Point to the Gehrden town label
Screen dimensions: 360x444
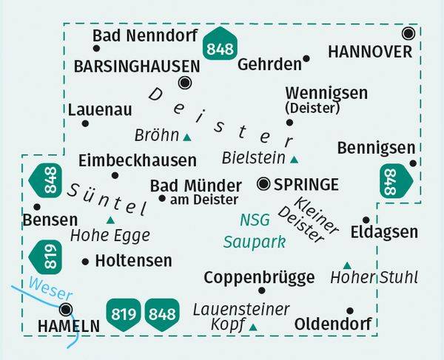tap(266, 64)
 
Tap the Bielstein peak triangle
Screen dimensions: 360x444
tap(295, 159)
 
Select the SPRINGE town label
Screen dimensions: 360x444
tap(306, 184)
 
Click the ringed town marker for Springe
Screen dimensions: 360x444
tap(263, 183)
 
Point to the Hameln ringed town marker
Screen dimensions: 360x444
tap(67, 309)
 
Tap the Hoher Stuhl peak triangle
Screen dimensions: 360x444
tap(346, 265)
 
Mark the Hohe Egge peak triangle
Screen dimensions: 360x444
tap(111, 220)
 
